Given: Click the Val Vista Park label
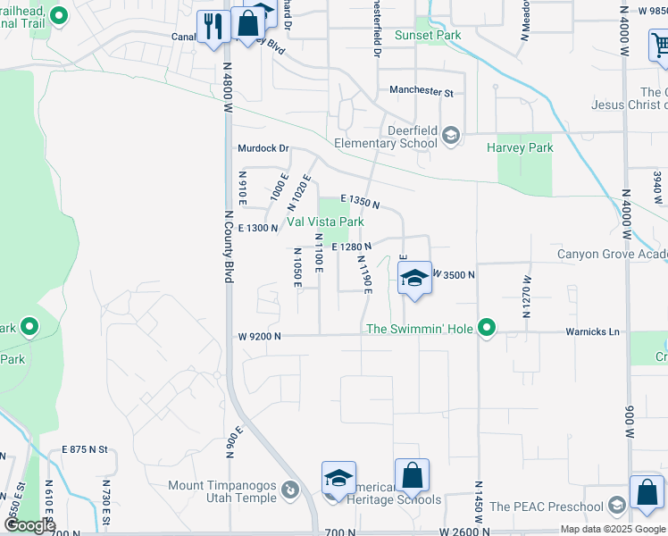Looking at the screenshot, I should (x=325, y=222).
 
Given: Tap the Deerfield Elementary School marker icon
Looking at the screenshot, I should (x=451, y=136).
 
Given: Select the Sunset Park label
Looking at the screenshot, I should (x=427, y=36).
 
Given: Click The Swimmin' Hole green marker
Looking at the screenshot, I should (x=487, y=329).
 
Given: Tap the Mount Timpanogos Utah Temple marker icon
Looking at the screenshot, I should (x=290, y=490).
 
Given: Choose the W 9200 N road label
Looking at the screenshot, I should (x=260, y=336).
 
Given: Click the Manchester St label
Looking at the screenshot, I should (x=422, y=91).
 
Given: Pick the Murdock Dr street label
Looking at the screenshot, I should (x=263, y=148).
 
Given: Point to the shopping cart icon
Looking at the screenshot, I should (x=660, y=44).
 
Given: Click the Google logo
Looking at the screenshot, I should (x=29, y=525).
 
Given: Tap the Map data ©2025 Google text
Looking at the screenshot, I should (x=612, y=529).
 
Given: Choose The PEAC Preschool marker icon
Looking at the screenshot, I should (x=616, y=507).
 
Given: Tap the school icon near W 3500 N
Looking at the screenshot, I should (x=414, y=278).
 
